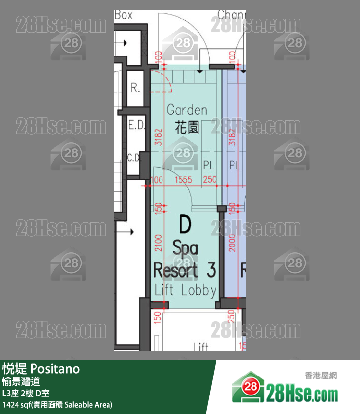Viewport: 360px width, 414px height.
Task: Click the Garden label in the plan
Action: click(187, 111)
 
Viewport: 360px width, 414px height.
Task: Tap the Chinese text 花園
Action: click(187, 128)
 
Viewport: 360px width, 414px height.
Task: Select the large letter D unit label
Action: click(185, 225)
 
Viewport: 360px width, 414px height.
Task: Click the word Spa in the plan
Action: click(185, 249)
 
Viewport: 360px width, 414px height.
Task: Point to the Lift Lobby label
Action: click(185, 290)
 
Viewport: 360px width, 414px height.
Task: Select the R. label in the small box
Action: click(135, 89)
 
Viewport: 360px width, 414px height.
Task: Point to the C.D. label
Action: click(133, 157)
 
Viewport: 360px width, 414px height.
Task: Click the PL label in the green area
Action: click(209, 166)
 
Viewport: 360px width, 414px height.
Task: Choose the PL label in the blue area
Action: click(235, 166)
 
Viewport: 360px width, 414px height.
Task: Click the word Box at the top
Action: click(124, 15)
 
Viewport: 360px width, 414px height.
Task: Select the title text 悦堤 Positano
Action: click(41, 369)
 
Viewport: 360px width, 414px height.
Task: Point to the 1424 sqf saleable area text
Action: click(57, 404)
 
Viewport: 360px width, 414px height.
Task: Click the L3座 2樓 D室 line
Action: click(25, 393)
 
